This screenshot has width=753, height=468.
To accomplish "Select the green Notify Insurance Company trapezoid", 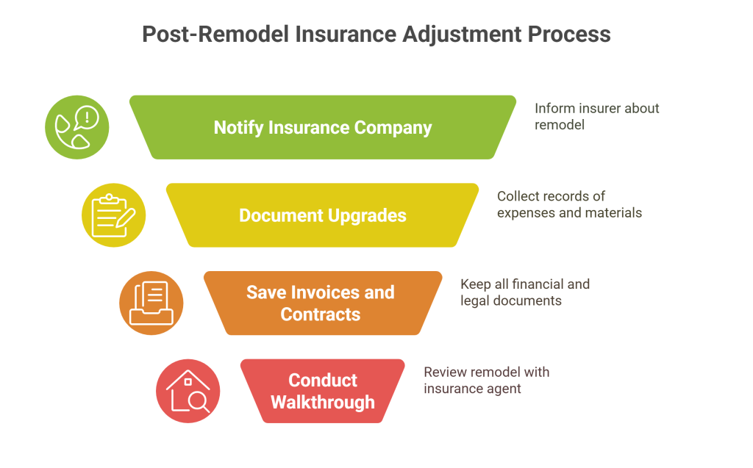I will pos(323,127).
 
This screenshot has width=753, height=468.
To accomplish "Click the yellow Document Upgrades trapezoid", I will pos(323,215).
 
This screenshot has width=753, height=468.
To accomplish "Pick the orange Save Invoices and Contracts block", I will pos(321,303).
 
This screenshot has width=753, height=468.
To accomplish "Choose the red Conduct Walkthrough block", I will pos(323,391).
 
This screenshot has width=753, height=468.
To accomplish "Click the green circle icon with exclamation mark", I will pos(76,128).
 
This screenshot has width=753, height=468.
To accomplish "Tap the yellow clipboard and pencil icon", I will pos(113,215).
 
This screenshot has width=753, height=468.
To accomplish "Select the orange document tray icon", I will pos(151,303).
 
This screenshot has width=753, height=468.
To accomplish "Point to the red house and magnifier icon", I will pos(188,391).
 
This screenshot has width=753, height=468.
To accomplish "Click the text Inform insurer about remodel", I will pos(596,116).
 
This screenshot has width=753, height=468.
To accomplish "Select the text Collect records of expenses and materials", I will pos(568,204).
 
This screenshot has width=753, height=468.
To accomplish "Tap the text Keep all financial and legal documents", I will pos(524,292).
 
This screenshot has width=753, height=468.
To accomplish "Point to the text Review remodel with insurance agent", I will pos(486,381).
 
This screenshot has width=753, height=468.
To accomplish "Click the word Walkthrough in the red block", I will pos(323,402).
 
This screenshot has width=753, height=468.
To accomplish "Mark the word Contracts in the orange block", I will pos(321,314).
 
